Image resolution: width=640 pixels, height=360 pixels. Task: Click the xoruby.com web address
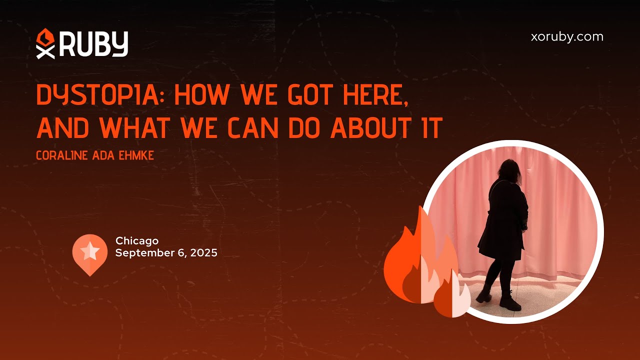[x=567, y=37]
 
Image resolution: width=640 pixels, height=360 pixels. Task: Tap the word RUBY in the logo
[x=94, y=44]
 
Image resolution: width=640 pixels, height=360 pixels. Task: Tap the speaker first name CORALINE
[x=62, y=156]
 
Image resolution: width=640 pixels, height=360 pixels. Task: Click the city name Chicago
[x=136, y=241]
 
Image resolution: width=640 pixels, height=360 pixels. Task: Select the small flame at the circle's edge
[x=451, y=296]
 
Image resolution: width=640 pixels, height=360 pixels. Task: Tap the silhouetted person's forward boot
[x=510, y=302]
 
